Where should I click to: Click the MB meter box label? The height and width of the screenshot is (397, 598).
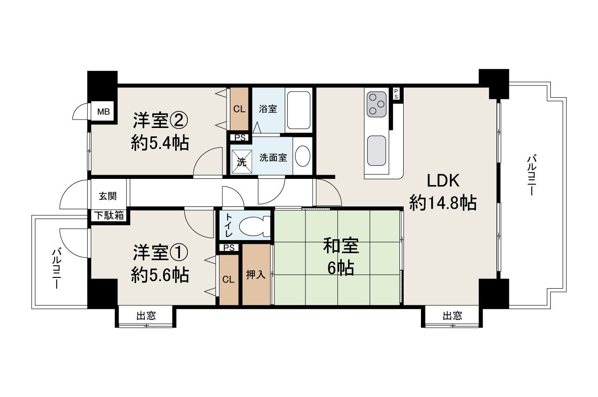pyautogui.click(x=103, y=112)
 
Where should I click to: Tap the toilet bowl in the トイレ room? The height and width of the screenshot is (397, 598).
pyautogui.click(x=254, y=227)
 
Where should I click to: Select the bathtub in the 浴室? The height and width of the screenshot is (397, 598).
pyautogui.click(x=299, y=110)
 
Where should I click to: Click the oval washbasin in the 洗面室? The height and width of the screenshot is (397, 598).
pyautogui.click(x=303, y=156)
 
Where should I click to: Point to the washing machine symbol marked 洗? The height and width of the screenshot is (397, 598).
pyautogui.click(x=241, y=162)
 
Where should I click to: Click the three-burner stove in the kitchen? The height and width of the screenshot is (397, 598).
pyautogui.click(x=377, y=104)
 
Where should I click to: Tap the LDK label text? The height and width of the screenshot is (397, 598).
pyautogui.click(x=443, y=180)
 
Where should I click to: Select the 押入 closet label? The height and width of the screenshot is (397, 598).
pyautogui.click(x=256, y=275)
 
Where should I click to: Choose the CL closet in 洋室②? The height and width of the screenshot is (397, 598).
pyautogui.click(x=239, y=109)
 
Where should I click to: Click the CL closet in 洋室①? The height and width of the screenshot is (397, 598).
pyautogui.click(x=228, y=280)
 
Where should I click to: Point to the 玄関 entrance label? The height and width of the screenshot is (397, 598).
pyautogui.click(x=107, y=196)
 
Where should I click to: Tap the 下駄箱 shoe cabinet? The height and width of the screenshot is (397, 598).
pyautogui.click(x=110, y=216)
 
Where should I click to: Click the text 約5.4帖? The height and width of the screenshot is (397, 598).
pyautogui.click(x=160, y=143)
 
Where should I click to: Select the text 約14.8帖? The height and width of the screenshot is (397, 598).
pyautogui.click(x=443, y=203)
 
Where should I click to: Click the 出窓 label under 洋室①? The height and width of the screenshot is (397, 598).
pyautogui.click(x=146, y=316)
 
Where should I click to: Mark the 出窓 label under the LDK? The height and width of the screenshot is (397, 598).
pyautogui.click(x=452, y=316)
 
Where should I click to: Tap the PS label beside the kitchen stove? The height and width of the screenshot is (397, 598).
pyautogui.click(x=396, y=93)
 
